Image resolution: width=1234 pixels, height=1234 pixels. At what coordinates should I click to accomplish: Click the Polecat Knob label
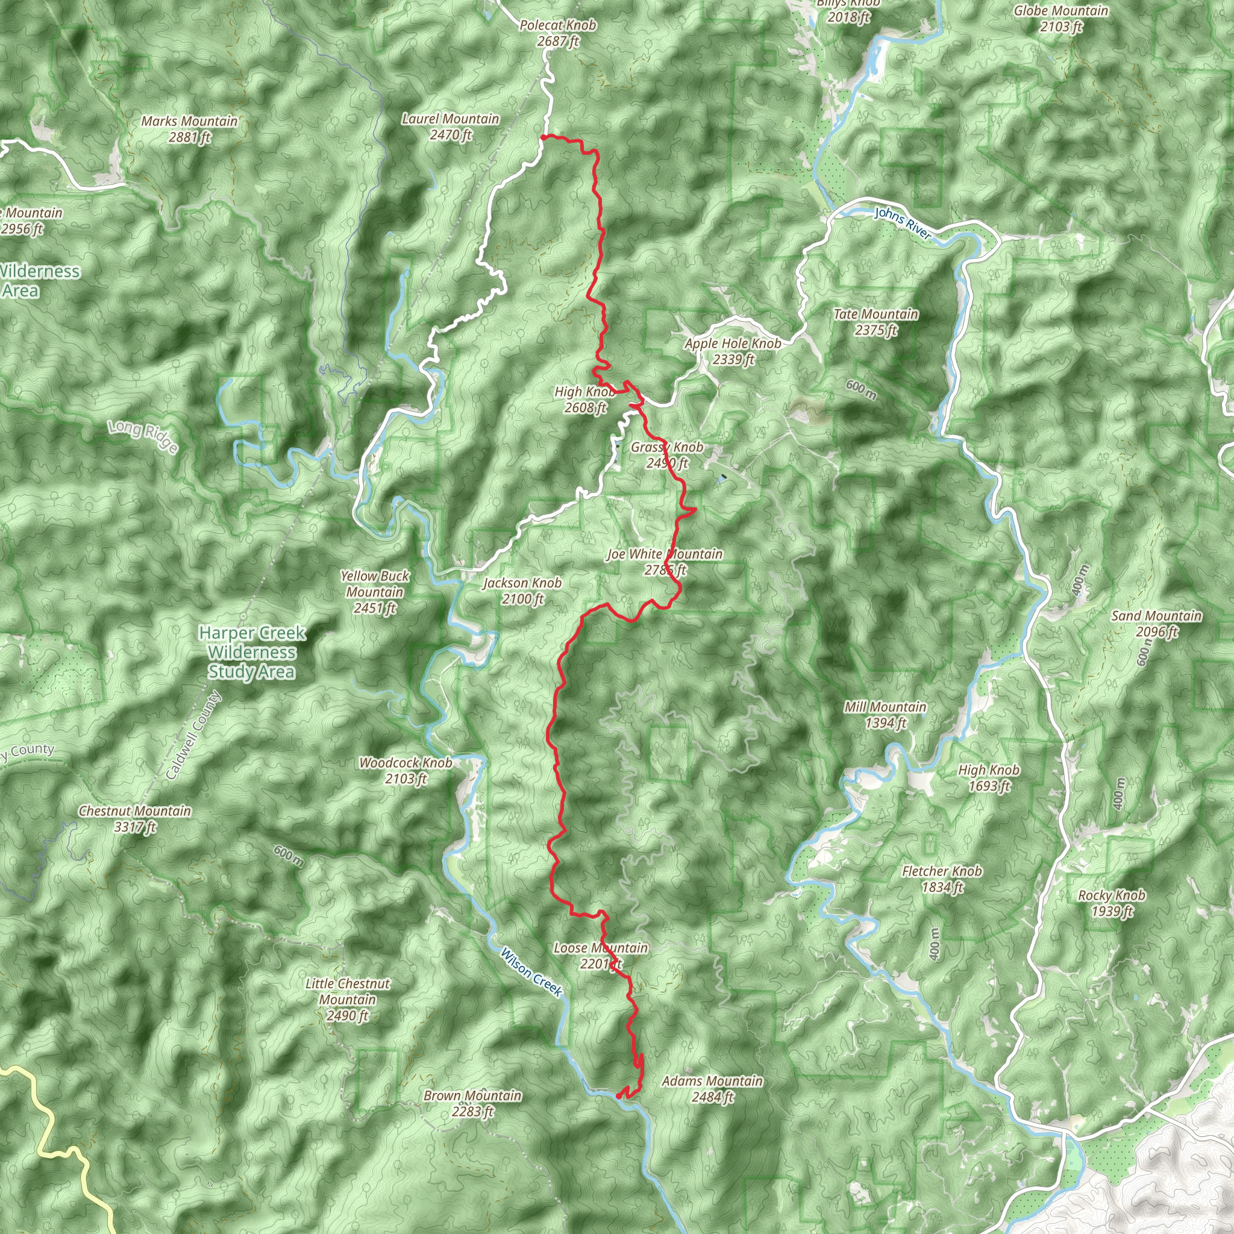(x=557, y=33)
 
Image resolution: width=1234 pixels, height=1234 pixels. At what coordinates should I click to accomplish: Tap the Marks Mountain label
(x=189, y=128)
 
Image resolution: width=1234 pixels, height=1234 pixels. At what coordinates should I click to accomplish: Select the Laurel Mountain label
(x=450, y=127)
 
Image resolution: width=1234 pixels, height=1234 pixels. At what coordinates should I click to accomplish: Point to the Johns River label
(x=903, y=224)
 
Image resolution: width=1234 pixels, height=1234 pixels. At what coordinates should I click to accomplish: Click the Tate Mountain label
(x=875, y=322)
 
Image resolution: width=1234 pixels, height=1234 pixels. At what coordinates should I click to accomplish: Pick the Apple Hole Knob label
(x=733, y=351)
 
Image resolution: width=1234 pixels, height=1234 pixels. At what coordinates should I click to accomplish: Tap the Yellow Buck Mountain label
(x=375, y=592)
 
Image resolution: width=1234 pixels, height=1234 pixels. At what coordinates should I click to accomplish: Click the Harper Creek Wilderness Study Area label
(x=252, y=652)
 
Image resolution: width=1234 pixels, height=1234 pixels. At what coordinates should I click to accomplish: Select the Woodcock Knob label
(x=406, y=770)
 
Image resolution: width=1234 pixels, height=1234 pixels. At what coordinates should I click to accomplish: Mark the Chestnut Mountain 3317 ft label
(x=135, y=819)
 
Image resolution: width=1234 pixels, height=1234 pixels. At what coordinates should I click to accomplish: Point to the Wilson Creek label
(x=531, y=972)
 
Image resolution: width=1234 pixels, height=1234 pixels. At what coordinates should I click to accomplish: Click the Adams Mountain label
(x=712, y=1088)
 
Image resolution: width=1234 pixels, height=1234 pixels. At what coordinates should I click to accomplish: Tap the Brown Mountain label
(x=472, y=1103)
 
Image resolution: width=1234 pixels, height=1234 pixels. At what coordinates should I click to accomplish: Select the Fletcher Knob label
(x=942, y=879)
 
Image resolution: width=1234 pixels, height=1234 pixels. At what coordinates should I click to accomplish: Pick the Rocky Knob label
(x=1112, y=903)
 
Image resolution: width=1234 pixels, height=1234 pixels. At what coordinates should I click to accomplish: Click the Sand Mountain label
(x=1157, y=624)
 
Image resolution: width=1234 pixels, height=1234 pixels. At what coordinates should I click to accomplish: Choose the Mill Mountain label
(x=885, y=715)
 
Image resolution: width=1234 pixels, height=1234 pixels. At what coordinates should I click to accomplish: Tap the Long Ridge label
(x=143, y=437)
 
